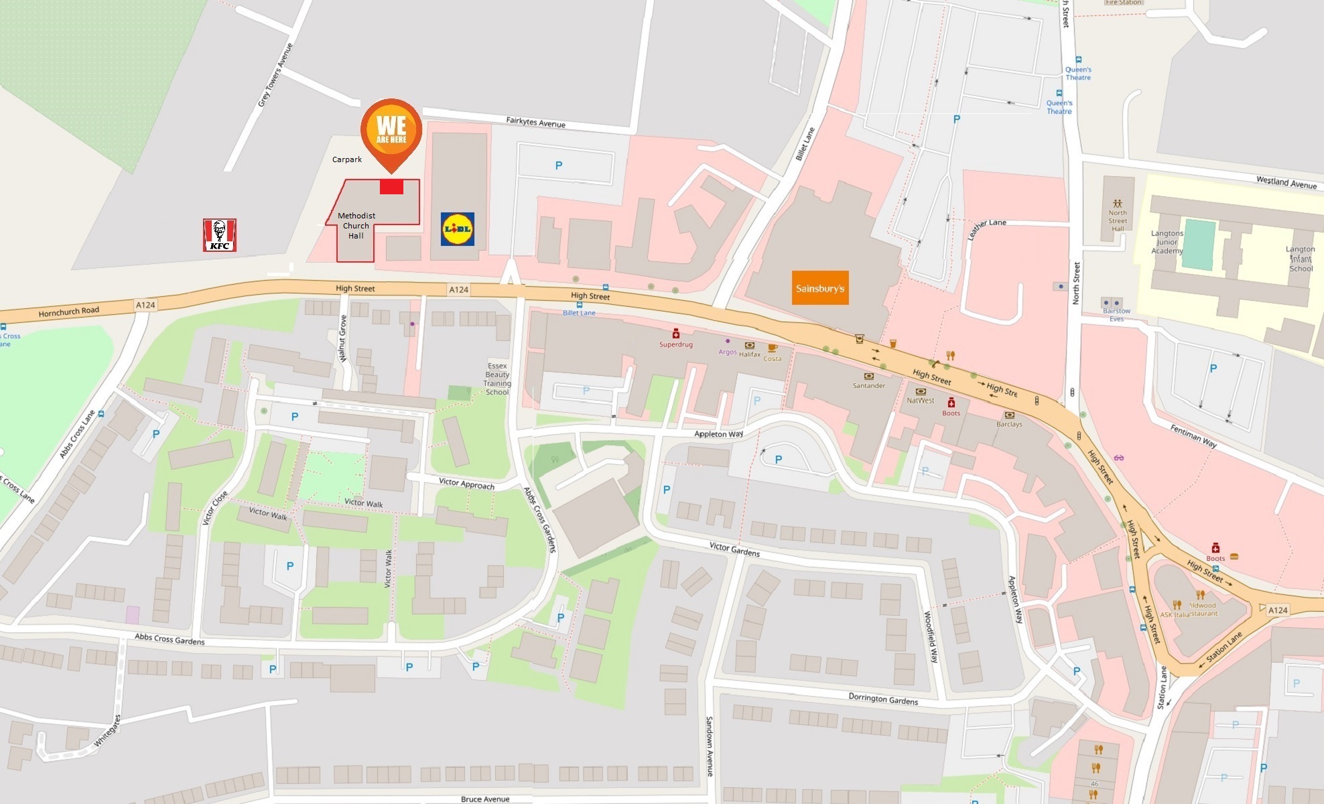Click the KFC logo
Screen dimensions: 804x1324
(x=220, y=235)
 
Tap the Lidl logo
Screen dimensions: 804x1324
(x=458, y=228)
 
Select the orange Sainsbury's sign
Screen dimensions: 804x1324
(x=820, y=288)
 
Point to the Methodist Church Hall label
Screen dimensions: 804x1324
(x=356, y=226)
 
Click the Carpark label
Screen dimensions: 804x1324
(x=347, y=159)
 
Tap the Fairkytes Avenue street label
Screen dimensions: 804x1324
(x=535, y=123)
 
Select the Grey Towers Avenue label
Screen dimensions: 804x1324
(x=275, y=75)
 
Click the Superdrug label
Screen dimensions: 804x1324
(x=676, y=344)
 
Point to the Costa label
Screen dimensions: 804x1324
(x=773, y=358)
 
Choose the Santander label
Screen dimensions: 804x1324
(x=869, y=385)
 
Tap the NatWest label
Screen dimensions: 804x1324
(x=921, y=401)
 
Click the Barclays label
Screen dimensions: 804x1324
(x=1009, y=424)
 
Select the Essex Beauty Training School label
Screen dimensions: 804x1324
(x=497, y=379)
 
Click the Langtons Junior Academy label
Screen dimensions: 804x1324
(x=1167, y=242)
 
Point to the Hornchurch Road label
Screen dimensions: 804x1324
(x=69, y=312)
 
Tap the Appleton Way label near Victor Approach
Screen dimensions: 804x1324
(x=719, y=434)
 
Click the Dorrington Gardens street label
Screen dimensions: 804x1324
(x=883, y=699)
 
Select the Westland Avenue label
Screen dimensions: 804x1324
(x=1286, y=182)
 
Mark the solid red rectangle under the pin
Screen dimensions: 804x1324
(x=391, y=186)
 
